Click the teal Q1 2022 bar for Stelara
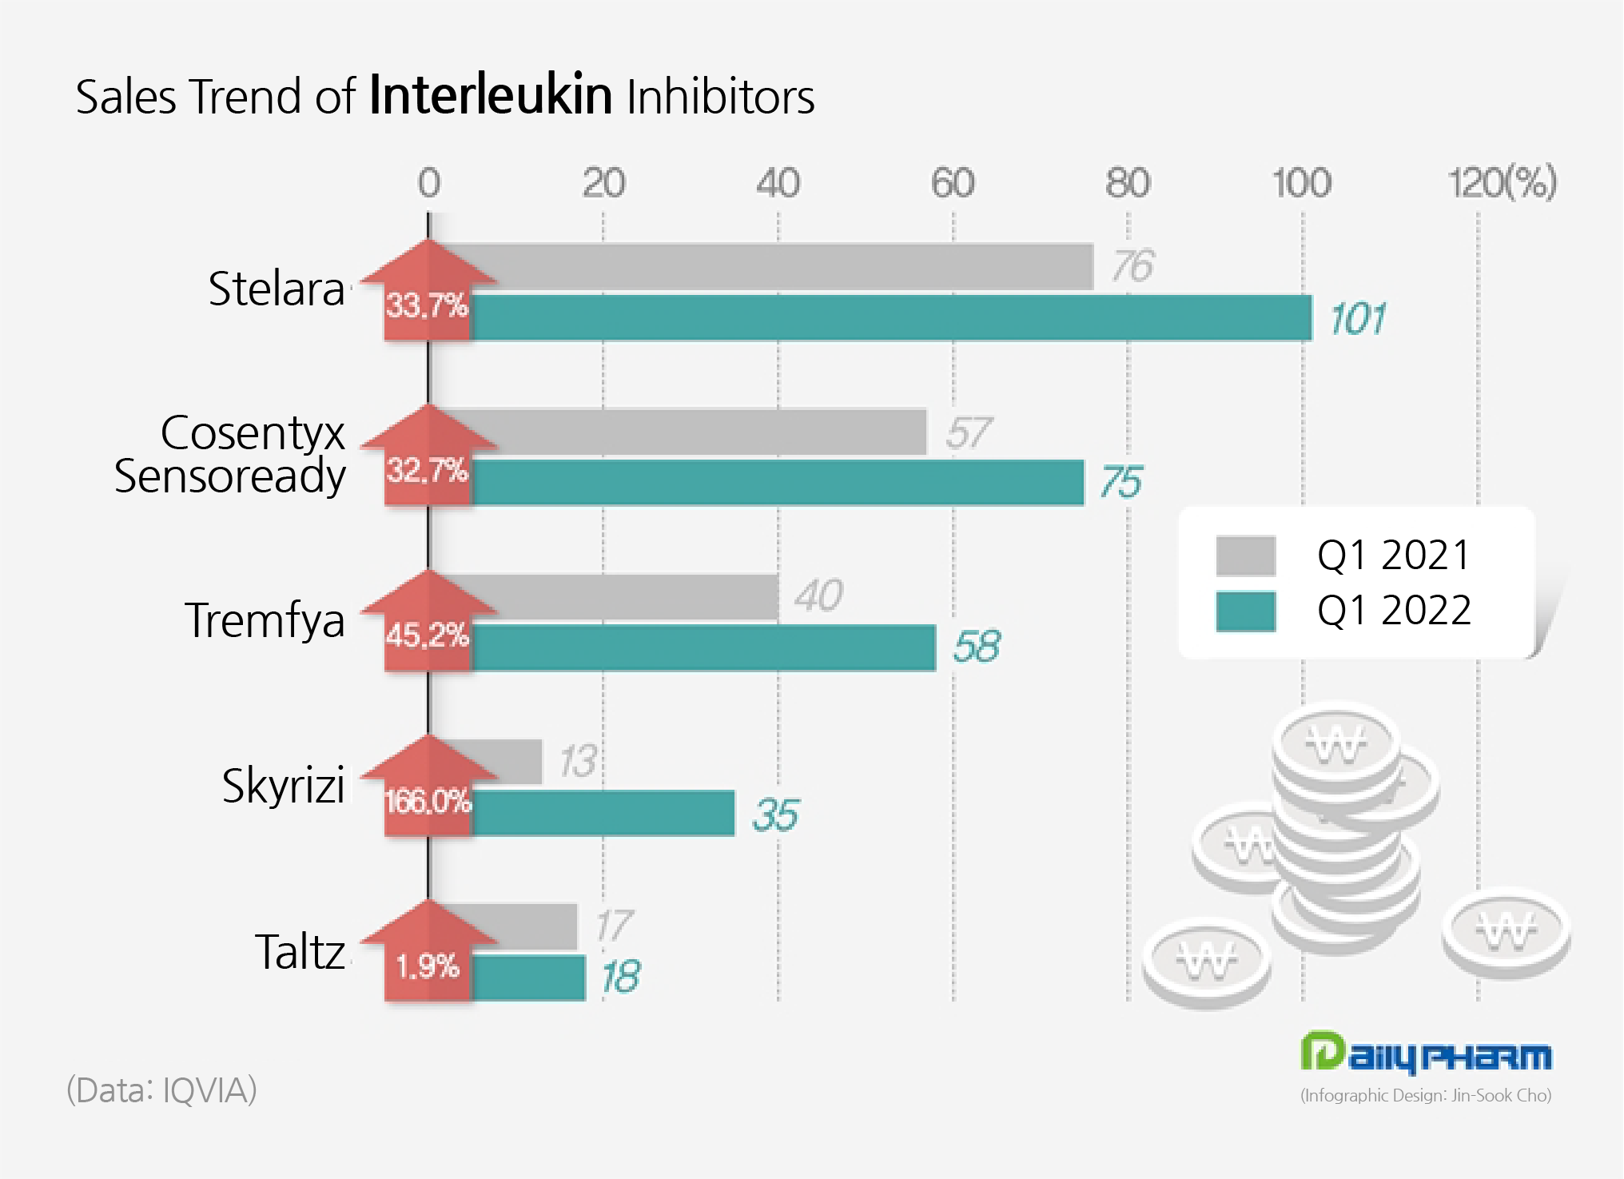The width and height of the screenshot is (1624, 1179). tap(891, 318)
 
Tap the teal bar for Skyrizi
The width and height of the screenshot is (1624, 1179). tap(603, 814)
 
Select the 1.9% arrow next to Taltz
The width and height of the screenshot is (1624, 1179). tap(428, 955)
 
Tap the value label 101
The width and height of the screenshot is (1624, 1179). tap(1357, 319)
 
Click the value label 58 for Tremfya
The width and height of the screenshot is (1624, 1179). tap(976, 646)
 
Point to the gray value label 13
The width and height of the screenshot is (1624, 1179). tap(577, 761)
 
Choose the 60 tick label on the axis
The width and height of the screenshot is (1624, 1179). tap(953, 183)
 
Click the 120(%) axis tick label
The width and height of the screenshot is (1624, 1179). tap(1502, 183)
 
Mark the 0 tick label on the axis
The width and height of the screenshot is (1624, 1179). tap(429, 183)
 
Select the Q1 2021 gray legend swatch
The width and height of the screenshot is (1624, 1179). tap(1245, 556)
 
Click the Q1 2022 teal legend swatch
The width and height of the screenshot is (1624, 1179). tap(1245, 611)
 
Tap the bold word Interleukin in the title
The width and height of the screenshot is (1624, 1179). tap(491, 96)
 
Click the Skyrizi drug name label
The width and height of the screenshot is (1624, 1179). tap(284, 786)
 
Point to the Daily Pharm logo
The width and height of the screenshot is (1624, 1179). tap(1426, 1054)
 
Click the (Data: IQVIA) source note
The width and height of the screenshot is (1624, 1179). tap(161, 1090)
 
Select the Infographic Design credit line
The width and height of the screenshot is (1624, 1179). tap(1426, 1095)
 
